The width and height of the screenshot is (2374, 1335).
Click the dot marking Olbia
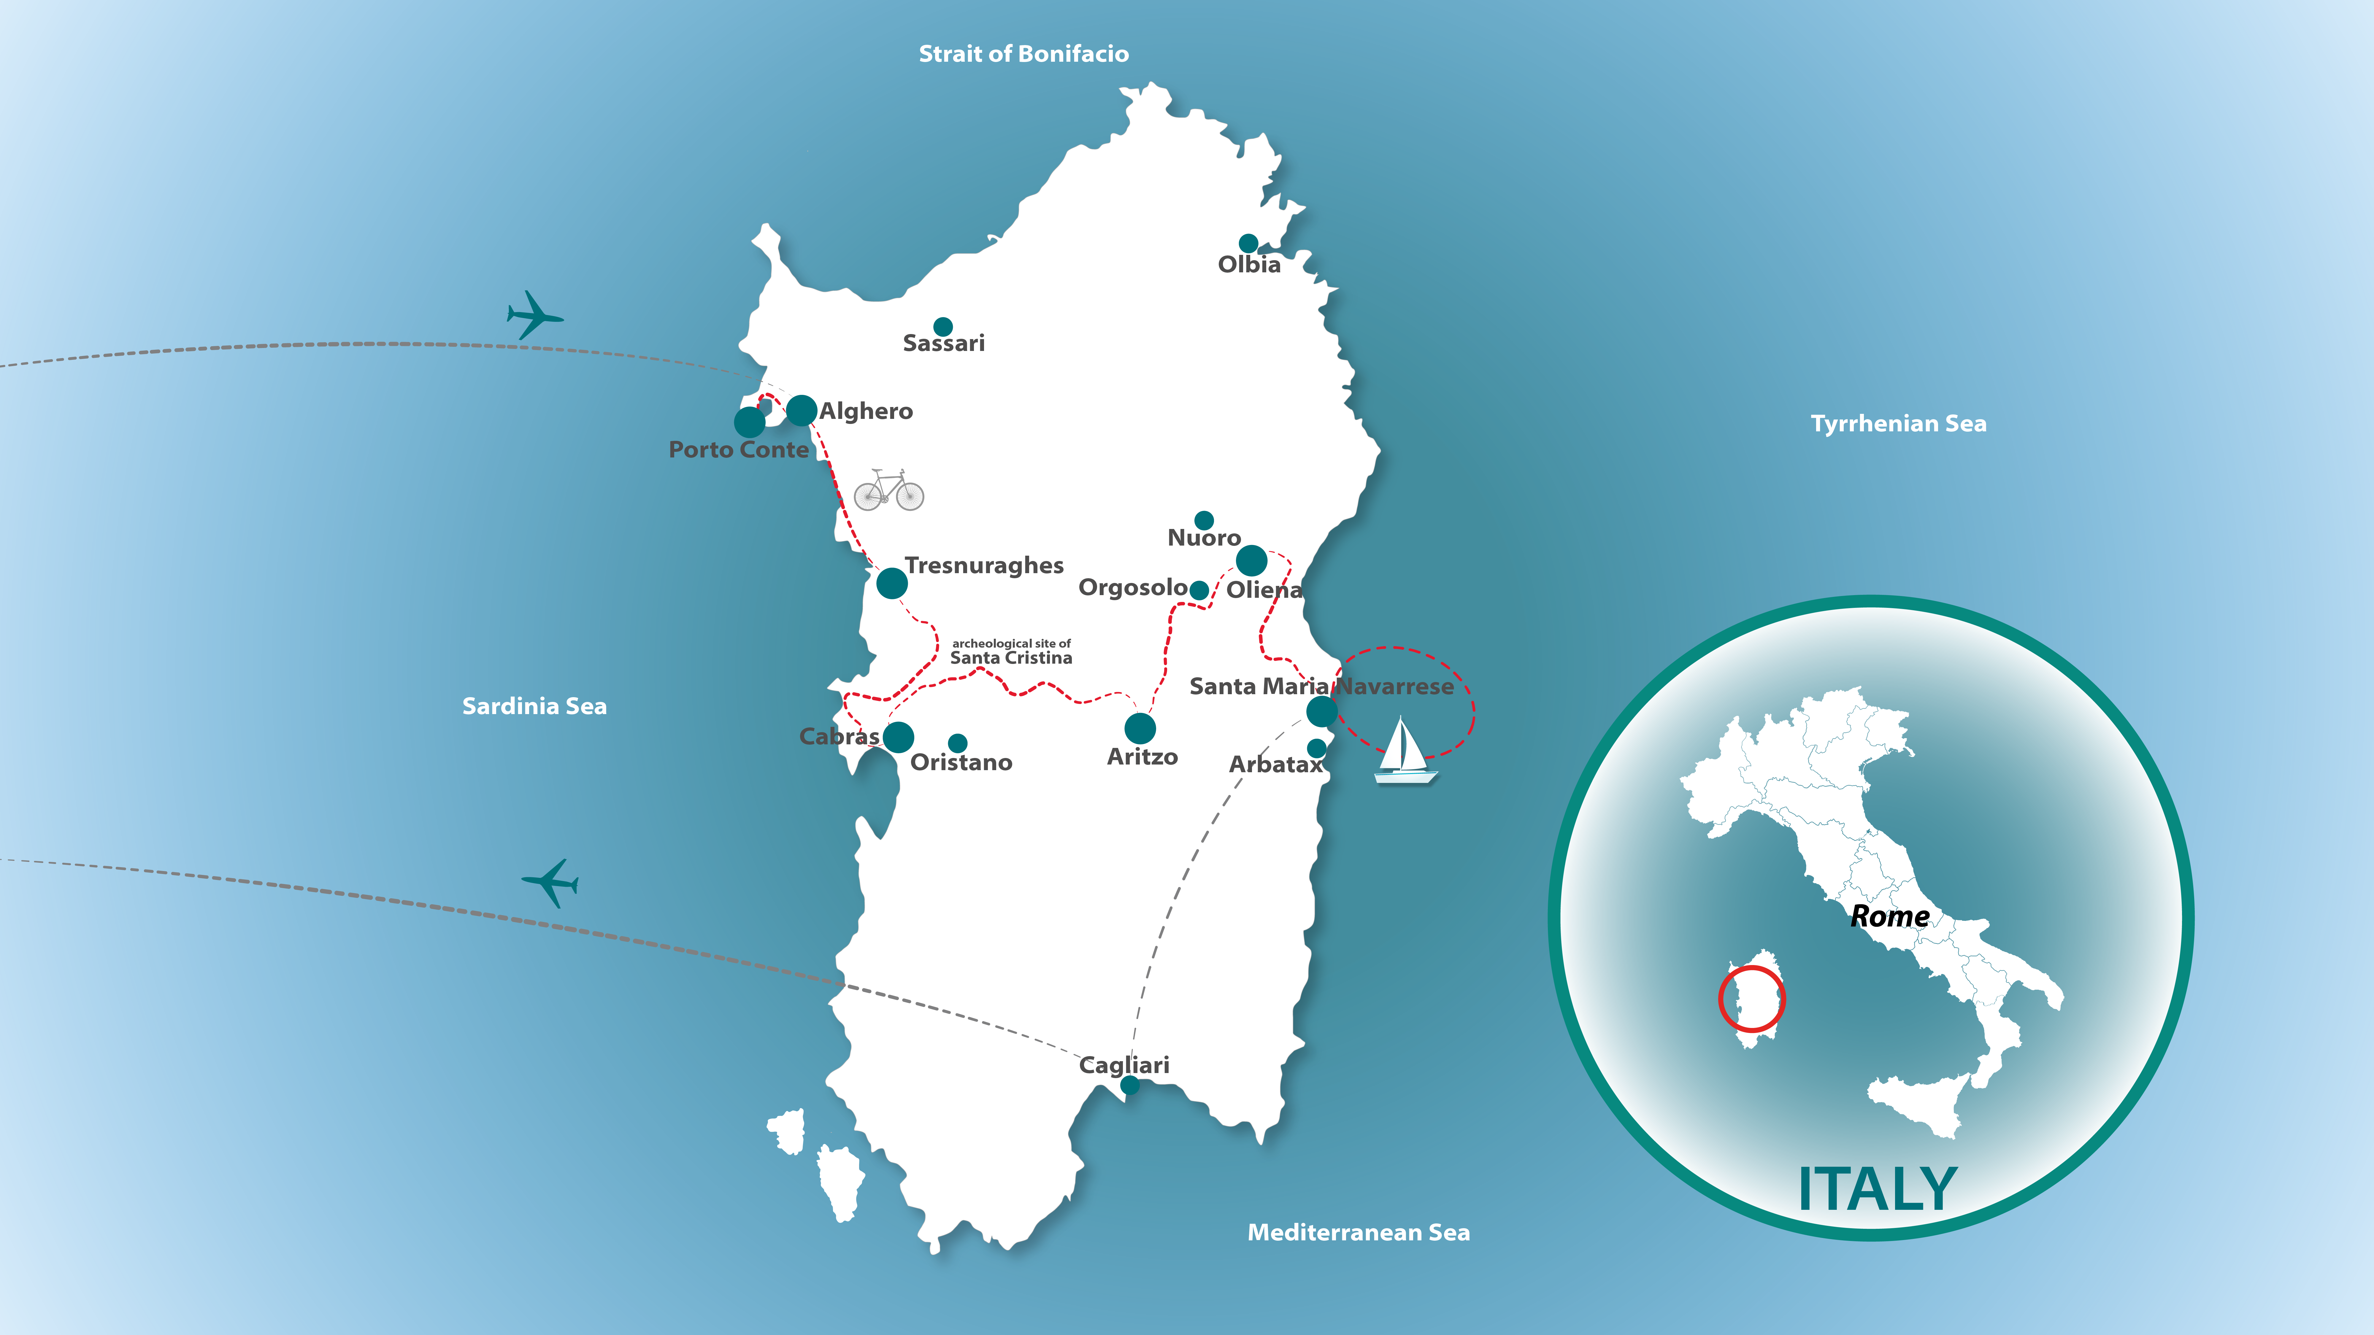point(1248,243)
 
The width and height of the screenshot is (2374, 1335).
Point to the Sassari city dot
point(943,326)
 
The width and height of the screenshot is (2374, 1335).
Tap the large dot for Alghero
point(801,410)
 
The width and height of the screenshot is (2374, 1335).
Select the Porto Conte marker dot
point(749,422)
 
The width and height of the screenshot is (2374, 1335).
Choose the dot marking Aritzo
point(1140,728)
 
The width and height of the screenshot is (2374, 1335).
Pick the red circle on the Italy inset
point(1751,999)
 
